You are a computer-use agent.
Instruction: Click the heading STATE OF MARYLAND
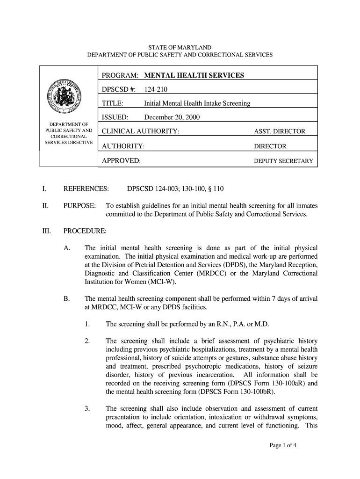180,48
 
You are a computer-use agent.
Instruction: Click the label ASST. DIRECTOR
279,131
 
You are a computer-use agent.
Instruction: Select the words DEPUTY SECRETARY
283,161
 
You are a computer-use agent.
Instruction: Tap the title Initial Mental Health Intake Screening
197,103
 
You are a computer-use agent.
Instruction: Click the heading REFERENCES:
86,189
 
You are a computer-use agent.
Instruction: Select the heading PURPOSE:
80,206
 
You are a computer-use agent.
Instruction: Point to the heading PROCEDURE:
85,231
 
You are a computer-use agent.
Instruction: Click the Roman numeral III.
45,231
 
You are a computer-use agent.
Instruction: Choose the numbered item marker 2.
87,341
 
